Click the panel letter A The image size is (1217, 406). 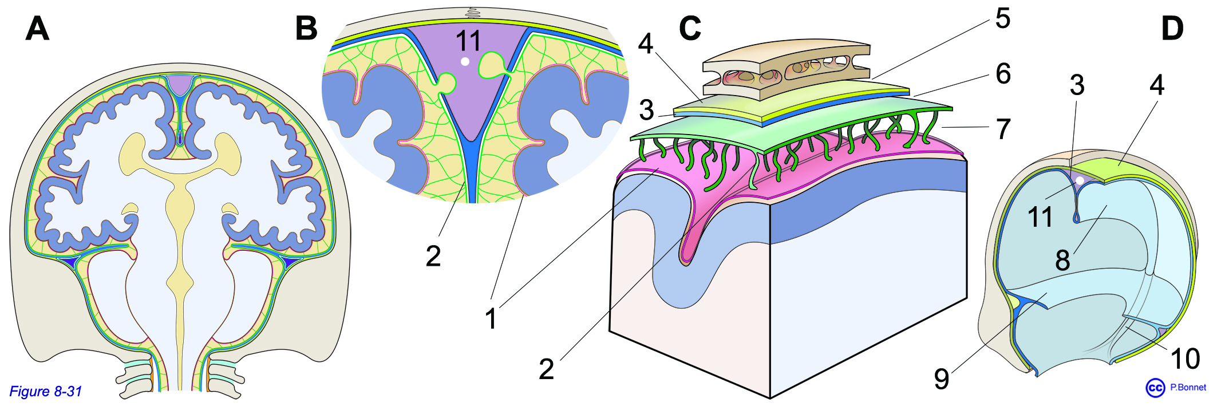pos(37,28)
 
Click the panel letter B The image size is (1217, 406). pos(306,28)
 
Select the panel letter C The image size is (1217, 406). pos(690,28)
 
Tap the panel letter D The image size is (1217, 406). pos(1172,28)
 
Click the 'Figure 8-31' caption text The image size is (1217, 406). pos(46,392)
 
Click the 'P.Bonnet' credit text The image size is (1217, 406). pos(1188,388)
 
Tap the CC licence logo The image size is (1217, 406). pos(1155,388)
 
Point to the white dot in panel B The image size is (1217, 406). pos(465,61)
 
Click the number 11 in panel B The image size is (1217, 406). pos(468,41)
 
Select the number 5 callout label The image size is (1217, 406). pos(1002,19)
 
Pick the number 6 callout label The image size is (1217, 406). pos(1003,74)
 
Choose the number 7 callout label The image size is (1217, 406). pos(1003,129)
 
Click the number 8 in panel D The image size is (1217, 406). pos(1062,261)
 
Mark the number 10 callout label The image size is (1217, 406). pos(1185,359)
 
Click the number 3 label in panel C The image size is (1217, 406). pos(646,110)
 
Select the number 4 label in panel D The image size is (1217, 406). pos(1157,85)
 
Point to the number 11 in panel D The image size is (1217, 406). pos(1040,217)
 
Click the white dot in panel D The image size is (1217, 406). pos(1080,180)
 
